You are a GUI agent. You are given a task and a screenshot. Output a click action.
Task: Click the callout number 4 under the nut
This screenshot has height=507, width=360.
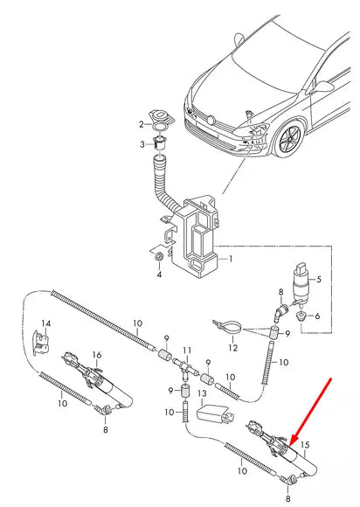pyautogui.click(x=158, y=275)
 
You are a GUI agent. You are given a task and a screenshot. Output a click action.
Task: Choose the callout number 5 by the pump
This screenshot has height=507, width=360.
pyautogui.click(x=319, y=280)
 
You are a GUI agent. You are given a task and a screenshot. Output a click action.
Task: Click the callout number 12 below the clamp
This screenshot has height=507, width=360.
pyautogui.click(x=232, y=348)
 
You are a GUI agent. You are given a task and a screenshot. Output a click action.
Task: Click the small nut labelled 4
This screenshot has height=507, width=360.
pyautogui.click(x=157, y=259)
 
